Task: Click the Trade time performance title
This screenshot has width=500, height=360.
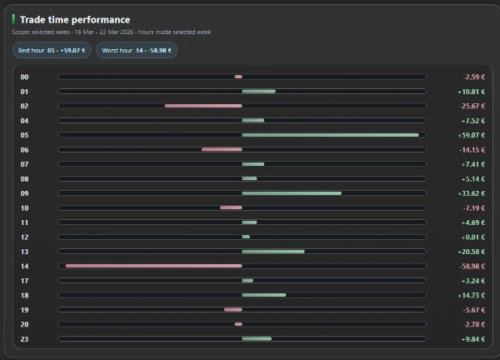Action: (x=76, y=19)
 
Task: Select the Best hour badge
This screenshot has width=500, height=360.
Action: (x=52, y=50)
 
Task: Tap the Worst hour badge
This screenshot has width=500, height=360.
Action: (x=136, y=50)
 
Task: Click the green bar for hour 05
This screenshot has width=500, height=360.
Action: (x=330, y=135)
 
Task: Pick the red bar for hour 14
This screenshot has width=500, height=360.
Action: (x=154, y=266)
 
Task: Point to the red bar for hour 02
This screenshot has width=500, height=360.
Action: (x=203, y=106)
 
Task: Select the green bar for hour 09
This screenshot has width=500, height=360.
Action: (x=292, y=193)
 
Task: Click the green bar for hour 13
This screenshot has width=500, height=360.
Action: (x=273, y=252)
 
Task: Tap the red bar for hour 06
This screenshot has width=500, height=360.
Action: (x=222, y=149)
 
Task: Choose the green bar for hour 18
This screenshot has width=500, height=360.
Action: (x=263, y=295)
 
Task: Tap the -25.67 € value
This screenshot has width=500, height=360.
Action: (x=472, y=106)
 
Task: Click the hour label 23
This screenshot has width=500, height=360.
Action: (x=25, y=338)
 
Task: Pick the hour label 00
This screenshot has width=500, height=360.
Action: (x=25, y=77)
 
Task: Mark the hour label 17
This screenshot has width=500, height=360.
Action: (x=25, y=280)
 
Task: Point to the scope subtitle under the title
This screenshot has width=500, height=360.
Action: (x=111, y=32)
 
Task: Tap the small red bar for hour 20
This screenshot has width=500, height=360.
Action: (x=238, y=324)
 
